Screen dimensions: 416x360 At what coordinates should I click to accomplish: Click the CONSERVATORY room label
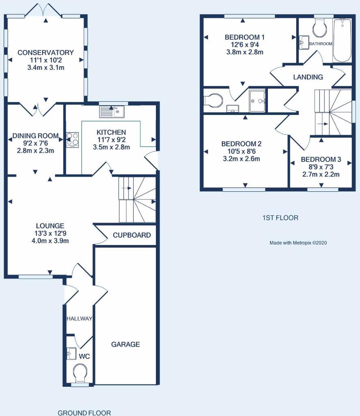coord(45,52)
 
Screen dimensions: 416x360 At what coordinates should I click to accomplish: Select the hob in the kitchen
coord(73,139)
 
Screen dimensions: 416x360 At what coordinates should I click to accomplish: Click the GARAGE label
coord(125,344)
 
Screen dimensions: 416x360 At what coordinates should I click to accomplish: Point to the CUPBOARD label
coord(131,235)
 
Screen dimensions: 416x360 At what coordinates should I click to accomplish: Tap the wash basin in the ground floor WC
coord(71,353)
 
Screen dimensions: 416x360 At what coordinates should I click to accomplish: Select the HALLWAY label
coord(79,318)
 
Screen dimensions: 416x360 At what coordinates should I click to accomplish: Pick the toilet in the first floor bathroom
coord(320,28)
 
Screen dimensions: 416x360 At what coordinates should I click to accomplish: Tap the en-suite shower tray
coord(257,100)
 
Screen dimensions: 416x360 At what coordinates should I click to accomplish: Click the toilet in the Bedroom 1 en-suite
coord(213,100)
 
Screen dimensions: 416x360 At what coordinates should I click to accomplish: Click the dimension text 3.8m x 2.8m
coord(245,52)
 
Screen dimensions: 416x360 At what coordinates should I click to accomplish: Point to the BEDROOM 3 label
coord(321,160)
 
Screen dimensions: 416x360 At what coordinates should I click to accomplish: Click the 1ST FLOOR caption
coord(280,218)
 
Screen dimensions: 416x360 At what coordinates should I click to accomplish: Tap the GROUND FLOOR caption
coord(84,413)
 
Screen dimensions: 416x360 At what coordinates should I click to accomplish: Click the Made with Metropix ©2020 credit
coord(298,243)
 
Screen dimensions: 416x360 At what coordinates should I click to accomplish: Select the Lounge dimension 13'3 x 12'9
coord(50,233)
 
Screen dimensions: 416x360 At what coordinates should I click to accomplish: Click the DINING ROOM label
coord(35,136)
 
